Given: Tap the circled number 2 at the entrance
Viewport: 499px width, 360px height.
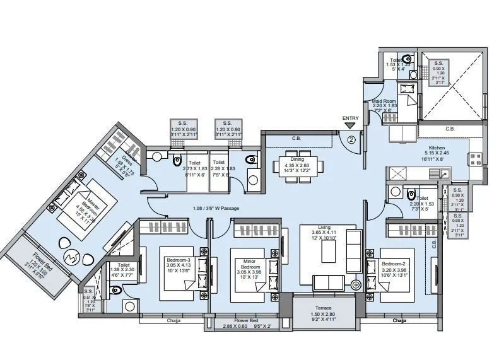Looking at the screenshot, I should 351,134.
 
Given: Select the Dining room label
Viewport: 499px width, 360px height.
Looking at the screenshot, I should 298,151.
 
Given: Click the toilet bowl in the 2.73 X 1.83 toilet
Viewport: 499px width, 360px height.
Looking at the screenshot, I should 178,160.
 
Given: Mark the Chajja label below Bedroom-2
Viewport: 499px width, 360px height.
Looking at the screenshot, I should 399,320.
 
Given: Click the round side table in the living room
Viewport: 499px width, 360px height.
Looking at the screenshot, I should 355,285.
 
